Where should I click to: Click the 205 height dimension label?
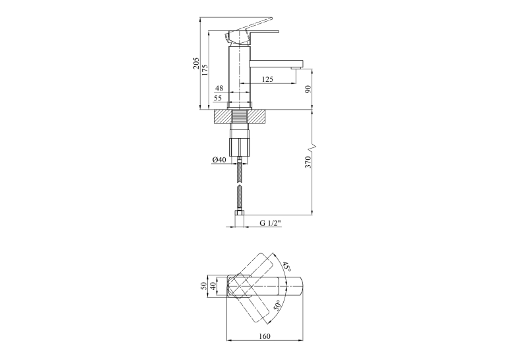pos(196,63)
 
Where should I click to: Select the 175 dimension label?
pos(205,71)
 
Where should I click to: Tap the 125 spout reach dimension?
pos(267,79)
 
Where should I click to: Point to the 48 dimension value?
pos(219,88)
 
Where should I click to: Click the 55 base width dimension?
pos(218,98)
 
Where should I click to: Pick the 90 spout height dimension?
pos(308,89)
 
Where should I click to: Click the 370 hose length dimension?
pos(308,162)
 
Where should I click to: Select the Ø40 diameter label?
pos(219,160)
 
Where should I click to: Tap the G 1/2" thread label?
pos(271,223)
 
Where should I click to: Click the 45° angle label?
pos(287,266)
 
